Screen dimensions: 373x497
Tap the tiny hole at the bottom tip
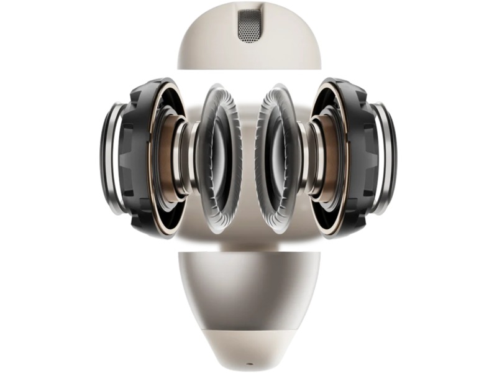pos(248,361)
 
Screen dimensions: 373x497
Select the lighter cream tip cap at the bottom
pos(248,345)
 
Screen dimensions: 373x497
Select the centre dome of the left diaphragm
pos(219,159)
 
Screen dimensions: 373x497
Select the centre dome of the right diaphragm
pos(278,159)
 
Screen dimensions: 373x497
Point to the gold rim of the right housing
pos(345,112)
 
